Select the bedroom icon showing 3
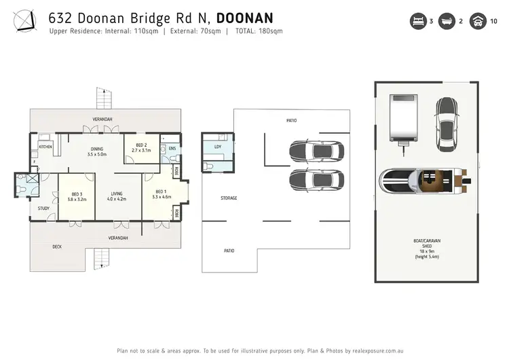pyautogui.click(x=416, y=22)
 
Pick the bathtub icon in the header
pyautogui.click(x=447, y=22)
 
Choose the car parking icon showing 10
pyautogui.click(x=478, y=22)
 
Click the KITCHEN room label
pyautogui.click(x=45, y=147)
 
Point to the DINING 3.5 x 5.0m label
pyautogui.click(x=98, y=151)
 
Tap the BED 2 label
pyautogui.click(x=141, y=147)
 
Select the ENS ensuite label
pyautogui.click(x=172, y=147)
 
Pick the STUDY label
pyautogui.click(x=43, y=209)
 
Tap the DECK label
pyautogui.click(x=58, y=247)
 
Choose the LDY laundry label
pyautogui.click(x=217, y=147)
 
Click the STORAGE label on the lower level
pyautogui.click(x=229, y=198)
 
